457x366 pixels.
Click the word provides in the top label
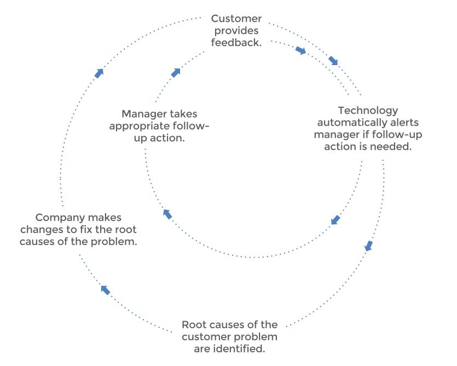(x=237, y=31)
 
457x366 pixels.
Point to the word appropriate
(x=141, y=126)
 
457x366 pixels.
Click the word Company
(x=61, y=218)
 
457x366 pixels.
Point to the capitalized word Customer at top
(x=237, y=19)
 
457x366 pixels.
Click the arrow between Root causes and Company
(x=105, y=289)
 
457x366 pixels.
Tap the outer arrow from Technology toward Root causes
(x=369, y=246)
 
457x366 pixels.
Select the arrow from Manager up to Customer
(x=175, y=73)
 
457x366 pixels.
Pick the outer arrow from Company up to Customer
(x=99, y=73)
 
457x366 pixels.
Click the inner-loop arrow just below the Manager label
(x=167, y=214)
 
